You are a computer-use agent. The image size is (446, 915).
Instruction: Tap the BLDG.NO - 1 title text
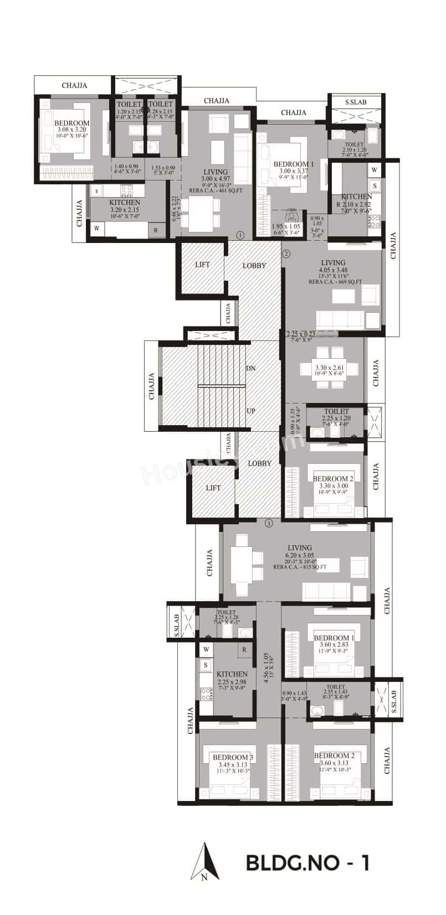point(307,862)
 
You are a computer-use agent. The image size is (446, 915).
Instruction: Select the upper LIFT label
point(203,265)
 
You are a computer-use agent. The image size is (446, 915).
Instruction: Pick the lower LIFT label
point(213,488)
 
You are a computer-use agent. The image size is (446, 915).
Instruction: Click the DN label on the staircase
point(251,368)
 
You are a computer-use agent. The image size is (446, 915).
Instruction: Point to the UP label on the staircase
point(251,411)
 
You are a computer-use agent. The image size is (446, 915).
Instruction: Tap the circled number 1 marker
point(240,235)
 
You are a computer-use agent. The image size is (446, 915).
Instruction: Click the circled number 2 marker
point(286,254)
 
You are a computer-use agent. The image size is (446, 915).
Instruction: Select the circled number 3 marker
point(269,523)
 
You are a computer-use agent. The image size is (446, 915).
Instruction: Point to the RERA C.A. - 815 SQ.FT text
point(300,567)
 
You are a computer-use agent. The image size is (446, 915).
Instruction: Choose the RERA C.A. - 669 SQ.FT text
point(336,282)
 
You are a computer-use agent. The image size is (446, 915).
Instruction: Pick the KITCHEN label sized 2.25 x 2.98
point(232,674)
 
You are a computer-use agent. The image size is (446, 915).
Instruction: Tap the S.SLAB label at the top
point(356,102)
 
